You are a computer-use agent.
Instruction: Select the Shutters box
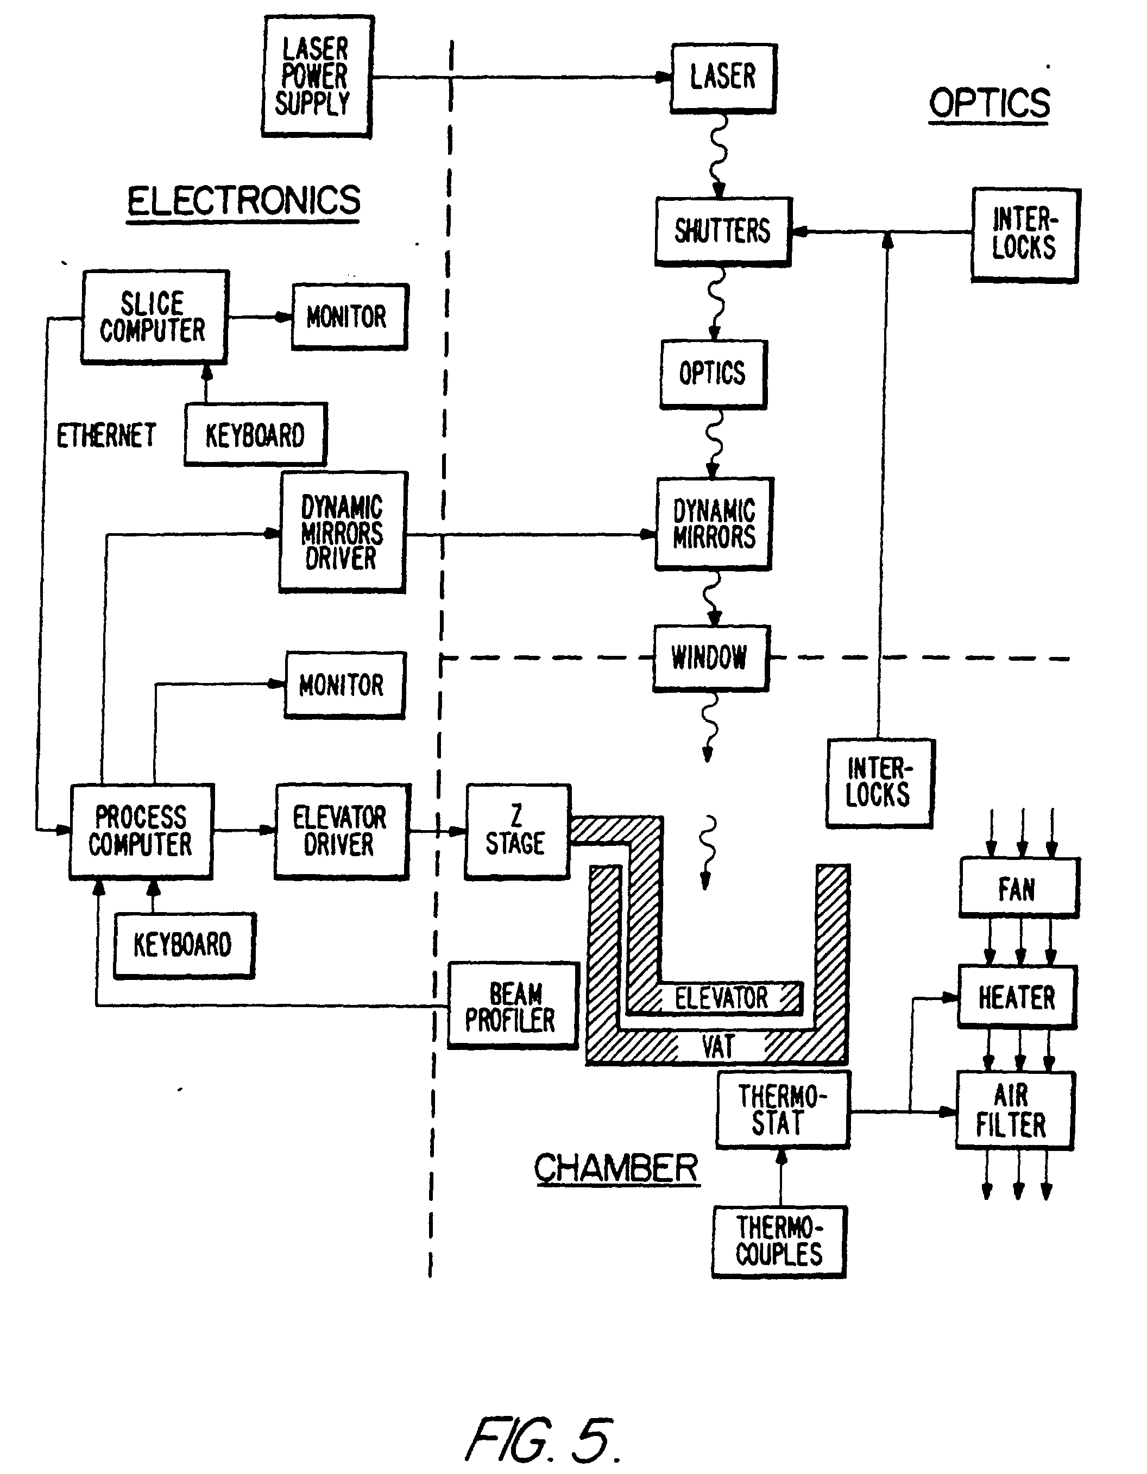click(722, 231)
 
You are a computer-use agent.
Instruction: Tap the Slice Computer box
click(154, 317)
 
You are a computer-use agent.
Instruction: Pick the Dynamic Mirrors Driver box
click(342, 533)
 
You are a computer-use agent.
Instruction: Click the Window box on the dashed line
click(710, 657)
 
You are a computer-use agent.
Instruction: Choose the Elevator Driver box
click(341, 831)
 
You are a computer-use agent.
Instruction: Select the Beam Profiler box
click(513, 1005)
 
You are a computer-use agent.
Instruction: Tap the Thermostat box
click(782, 1110)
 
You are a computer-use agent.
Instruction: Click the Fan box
click(1018, 888)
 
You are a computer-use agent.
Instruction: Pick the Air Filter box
click(1014, 1110)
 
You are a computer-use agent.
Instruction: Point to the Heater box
click(1017, 997)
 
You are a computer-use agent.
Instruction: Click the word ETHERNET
click(106, 435)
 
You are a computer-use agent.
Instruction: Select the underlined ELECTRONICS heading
click(244, 201)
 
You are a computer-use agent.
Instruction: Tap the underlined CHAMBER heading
click(616, 1168)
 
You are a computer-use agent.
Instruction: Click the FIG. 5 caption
click(542, 1440)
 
